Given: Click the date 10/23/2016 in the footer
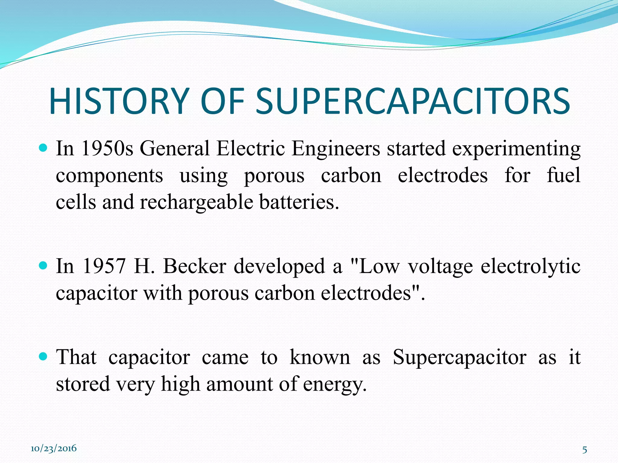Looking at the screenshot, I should pyautogui.click(x=54, y=448).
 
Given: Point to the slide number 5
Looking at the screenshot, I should pyautogui.click(x=585, y=450).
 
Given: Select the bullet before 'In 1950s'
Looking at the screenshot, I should pyautogui.click(x=44, y=148).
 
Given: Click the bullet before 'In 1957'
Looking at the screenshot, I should pyautogui.click(x=44, y=265).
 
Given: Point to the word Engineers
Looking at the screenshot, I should pyautogui.click(x=336, y=149).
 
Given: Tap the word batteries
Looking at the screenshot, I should pyautogui.click(x=299, y=202).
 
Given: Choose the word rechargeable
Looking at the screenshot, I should pyautogui.click(x=196, y=202).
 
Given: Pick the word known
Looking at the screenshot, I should pyautogui.click(x=320, y=357).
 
